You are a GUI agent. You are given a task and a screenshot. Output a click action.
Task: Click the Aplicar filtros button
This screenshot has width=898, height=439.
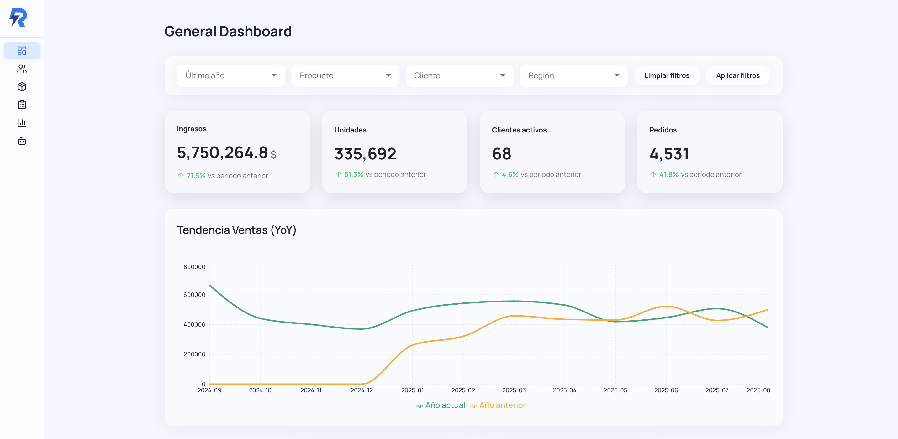tap(738, 75)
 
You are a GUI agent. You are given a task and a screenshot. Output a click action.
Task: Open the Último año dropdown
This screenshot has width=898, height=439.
tap(230, 75)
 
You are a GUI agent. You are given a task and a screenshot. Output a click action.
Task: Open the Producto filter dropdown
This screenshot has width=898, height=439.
tap(345, 75)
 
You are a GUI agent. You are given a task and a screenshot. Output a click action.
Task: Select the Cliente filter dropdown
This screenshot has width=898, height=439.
tap(459, 75)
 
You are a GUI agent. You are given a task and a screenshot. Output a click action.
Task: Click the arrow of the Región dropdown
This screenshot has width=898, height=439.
tap(617, 75)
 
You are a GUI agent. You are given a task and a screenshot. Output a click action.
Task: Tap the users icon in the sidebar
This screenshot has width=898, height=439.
tap(22, 69)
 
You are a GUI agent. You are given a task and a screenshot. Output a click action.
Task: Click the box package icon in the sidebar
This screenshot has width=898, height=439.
tap(22, 87)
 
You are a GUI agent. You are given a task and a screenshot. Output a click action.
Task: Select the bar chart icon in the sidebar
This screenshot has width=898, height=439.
tap(22, 122)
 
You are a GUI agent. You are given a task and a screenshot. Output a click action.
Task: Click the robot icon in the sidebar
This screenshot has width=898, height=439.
tap(22, 141)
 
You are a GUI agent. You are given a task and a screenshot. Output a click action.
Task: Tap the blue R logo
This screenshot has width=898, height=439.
tap(18, 18)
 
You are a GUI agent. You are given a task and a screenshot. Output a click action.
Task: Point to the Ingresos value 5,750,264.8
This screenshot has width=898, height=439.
tap(222, 152)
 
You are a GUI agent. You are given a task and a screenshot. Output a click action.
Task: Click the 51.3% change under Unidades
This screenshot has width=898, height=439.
tap(353, 174)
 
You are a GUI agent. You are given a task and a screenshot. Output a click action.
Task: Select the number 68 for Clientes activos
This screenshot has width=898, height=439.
tap(501, 153)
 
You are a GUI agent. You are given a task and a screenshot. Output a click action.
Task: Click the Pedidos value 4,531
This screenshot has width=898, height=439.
tap(669, 153)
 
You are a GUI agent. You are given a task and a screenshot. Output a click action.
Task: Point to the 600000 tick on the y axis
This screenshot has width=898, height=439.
tap(194, 295)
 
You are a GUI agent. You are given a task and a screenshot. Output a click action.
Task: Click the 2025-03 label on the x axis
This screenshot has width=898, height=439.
tap(514, 390)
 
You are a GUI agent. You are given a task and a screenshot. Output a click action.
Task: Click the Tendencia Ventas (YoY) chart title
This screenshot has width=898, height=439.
tap(236, 230)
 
